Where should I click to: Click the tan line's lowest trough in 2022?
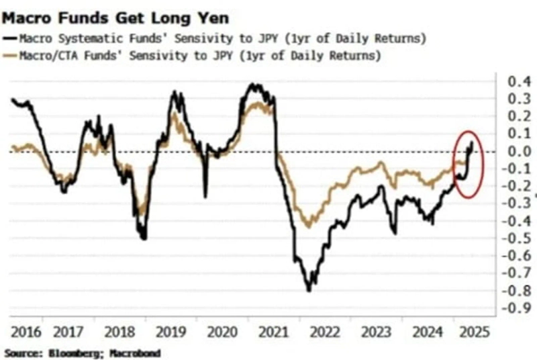tap(308, 226)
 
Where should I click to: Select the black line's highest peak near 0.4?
tap(251, 85)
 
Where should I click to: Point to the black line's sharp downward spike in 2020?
tap(205, 197)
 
